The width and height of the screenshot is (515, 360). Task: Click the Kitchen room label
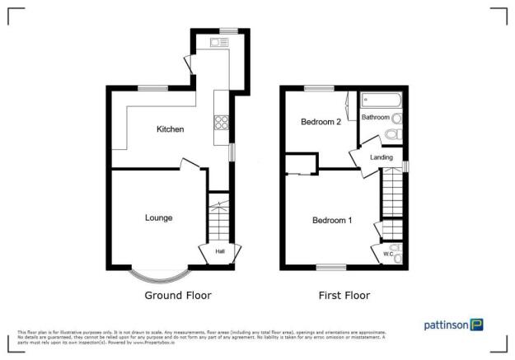point(171,129)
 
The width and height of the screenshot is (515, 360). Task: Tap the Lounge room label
point(159,217)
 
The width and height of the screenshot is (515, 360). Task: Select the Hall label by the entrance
point(220,251)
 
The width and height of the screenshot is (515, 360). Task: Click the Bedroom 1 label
point(332,220)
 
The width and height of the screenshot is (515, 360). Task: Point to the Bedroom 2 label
point(321,122)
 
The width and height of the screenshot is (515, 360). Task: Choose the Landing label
point(381,157)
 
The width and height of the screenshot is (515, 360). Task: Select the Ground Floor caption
point(178,295)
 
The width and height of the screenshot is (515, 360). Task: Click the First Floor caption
point(344,295)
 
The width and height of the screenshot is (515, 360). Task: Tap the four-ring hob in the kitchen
point(222,124)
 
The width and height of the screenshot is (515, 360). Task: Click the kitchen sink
point(219,42)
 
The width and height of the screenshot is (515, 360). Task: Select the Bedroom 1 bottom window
point(332,266)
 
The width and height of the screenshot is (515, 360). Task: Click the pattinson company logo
point(453,325)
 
